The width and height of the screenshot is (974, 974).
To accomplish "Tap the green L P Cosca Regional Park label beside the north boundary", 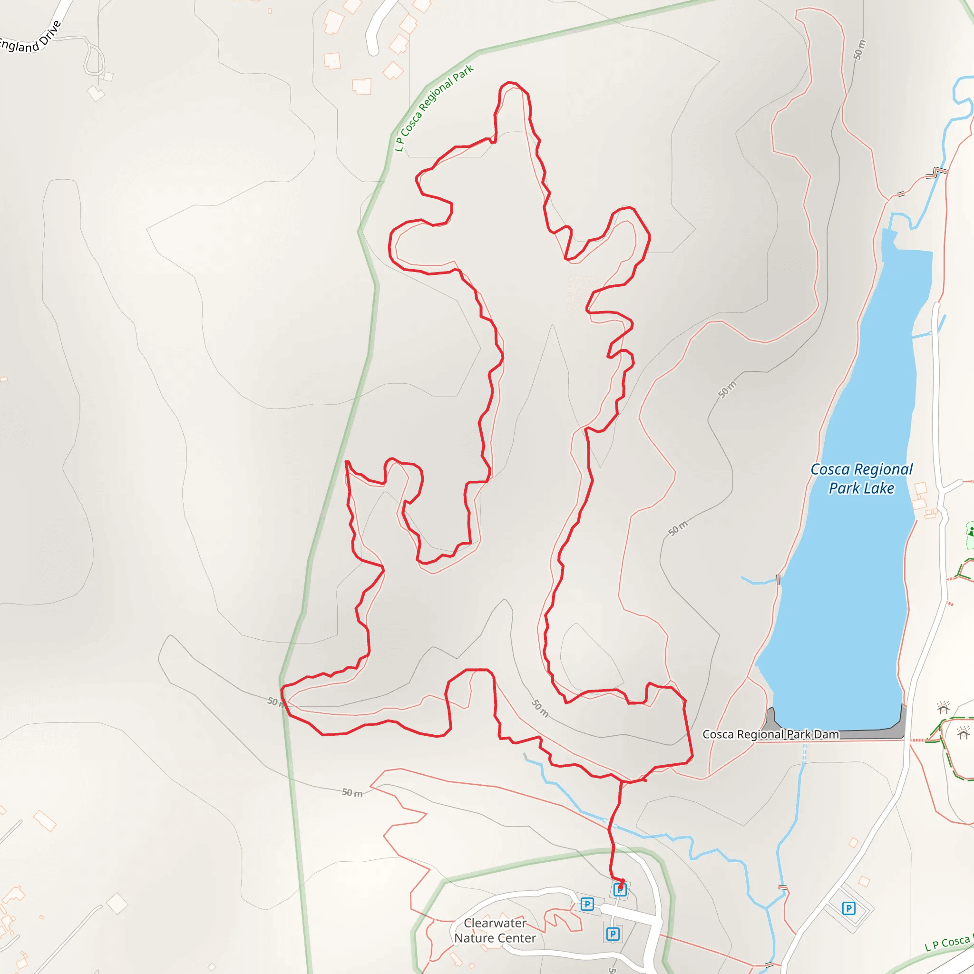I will (434, 108).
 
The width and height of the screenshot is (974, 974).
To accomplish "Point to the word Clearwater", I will (495, 923).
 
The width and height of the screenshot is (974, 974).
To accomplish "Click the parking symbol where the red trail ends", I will (620, 890).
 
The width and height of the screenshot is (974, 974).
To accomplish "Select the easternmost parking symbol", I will (849, 908).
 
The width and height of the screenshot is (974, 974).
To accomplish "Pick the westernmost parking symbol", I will (587, 904).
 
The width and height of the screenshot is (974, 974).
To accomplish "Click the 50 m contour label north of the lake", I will (859, 49).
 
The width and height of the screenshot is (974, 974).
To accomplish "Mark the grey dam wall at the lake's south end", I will (837, 732).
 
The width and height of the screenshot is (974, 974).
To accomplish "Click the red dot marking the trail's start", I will (622, 881).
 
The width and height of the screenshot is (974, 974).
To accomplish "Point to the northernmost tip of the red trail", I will (510, 82).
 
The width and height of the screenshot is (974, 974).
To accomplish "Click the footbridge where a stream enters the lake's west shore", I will (778, 580).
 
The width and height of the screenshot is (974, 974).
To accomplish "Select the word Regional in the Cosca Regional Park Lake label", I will (883, 470).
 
